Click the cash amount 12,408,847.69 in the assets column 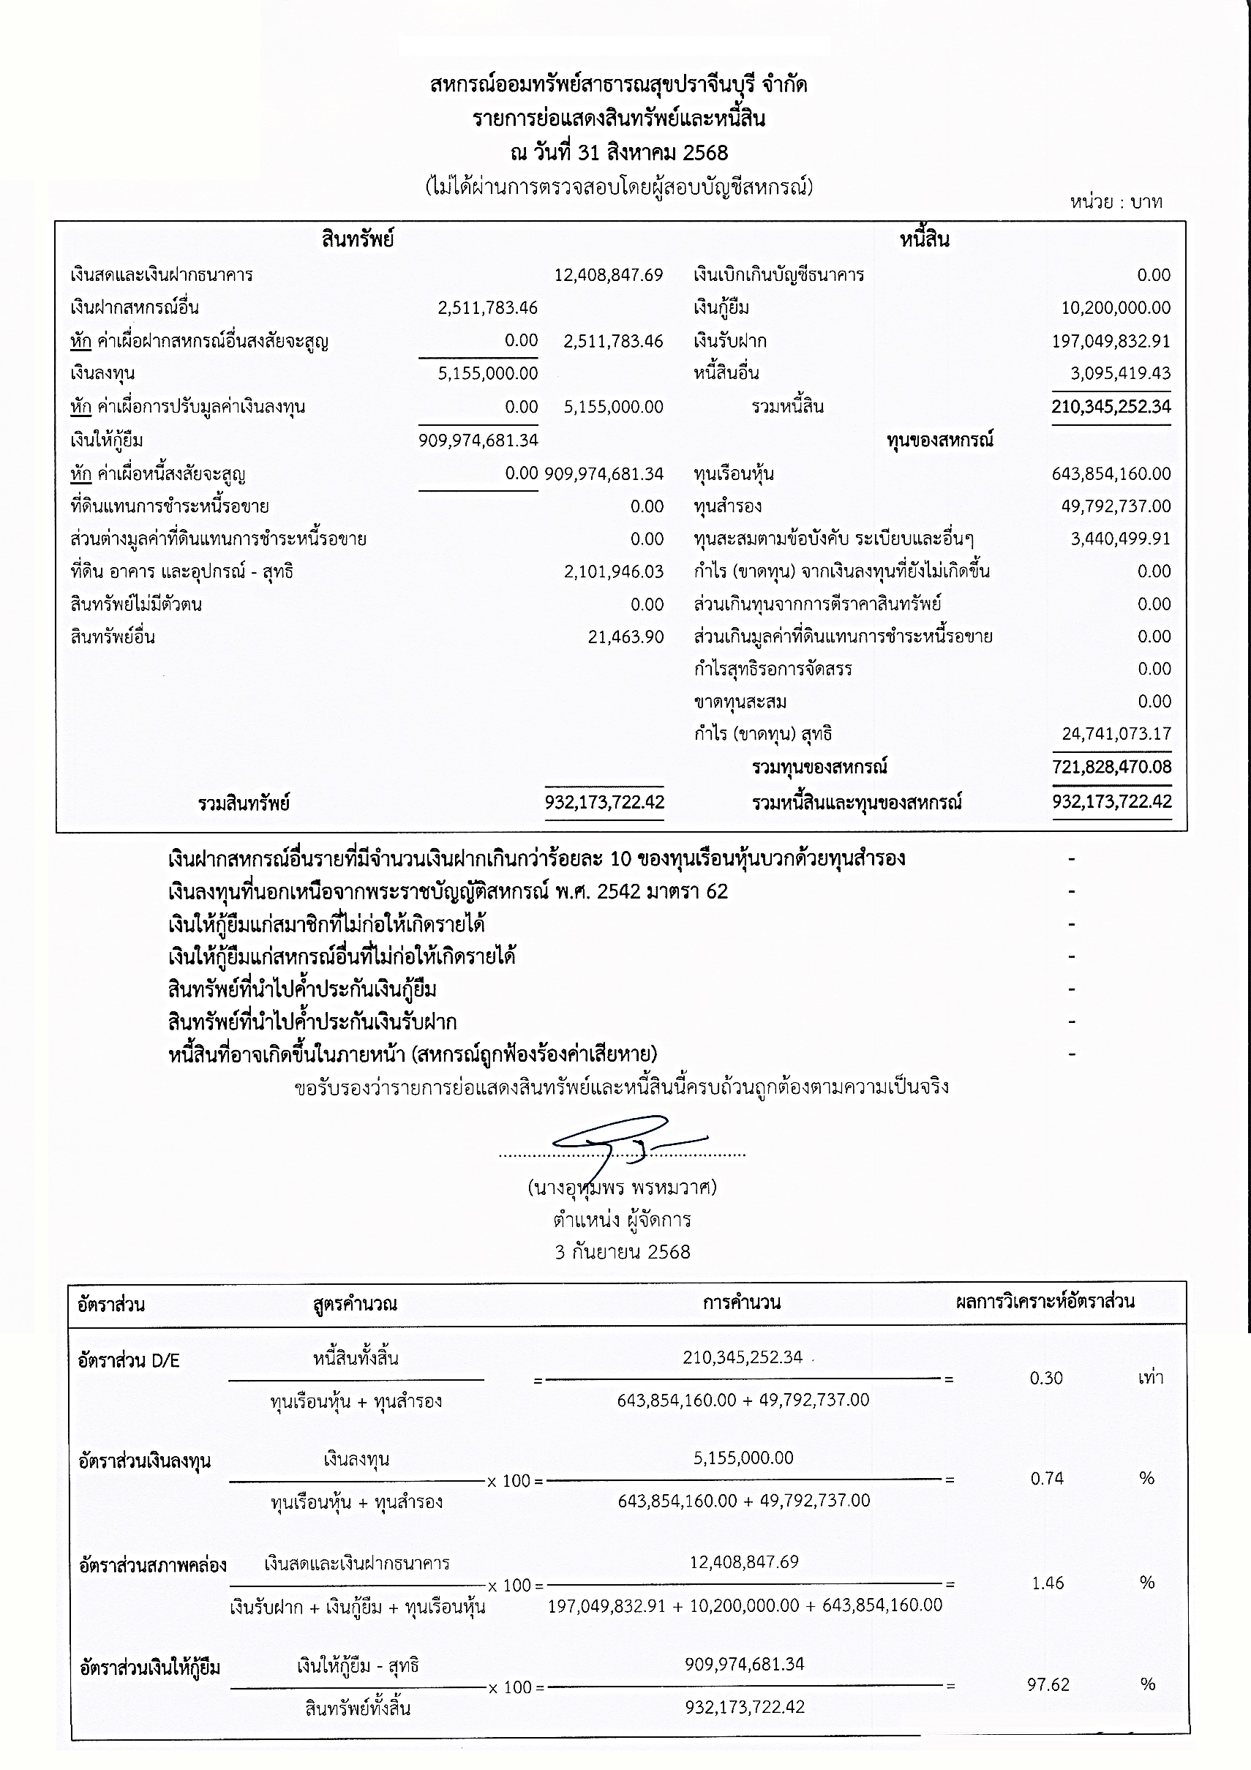point(608,275)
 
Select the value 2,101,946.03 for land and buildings point(614,571)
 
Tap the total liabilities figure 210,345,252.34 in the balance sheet point(1111,406)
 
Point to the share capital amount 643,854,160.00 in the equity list point(1111,473)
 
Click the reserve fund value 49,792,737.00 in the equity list point(1116,506)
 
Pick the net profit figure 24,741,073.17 point(1116,733)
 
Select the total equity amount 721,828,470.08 point(1111,767)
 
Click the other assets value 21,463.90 point(625,637)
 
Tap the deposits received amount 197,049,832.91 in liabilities point(1111,341)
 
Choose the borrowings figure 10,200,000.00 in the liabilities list point(1116,307)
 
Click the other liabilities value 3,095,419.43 point(1120,373)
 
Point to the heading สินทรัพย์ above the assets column point(358,240)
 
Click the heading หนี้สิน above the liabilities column point(924,240)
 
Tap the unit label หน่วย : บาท point(1116,202)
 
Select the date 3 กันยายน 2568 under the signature point(622,1252)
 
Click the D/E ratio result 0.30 point(1046,1379)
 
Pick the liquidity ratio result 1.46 point(1048,1583)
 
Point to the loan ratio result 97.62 point(1048,1685)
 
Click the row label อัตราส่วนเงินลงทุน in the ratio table point(145,1461)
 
